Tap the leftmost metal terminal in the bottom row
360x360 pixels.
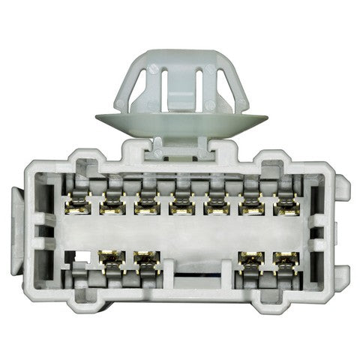[x=112, y=259]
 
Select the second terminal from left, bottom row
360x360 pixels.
[x=146, y=259]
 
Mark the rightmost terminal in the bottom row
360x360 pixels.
[x=285, y=259]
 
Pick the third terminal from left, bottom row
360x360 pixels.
[x=250, y=259]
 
